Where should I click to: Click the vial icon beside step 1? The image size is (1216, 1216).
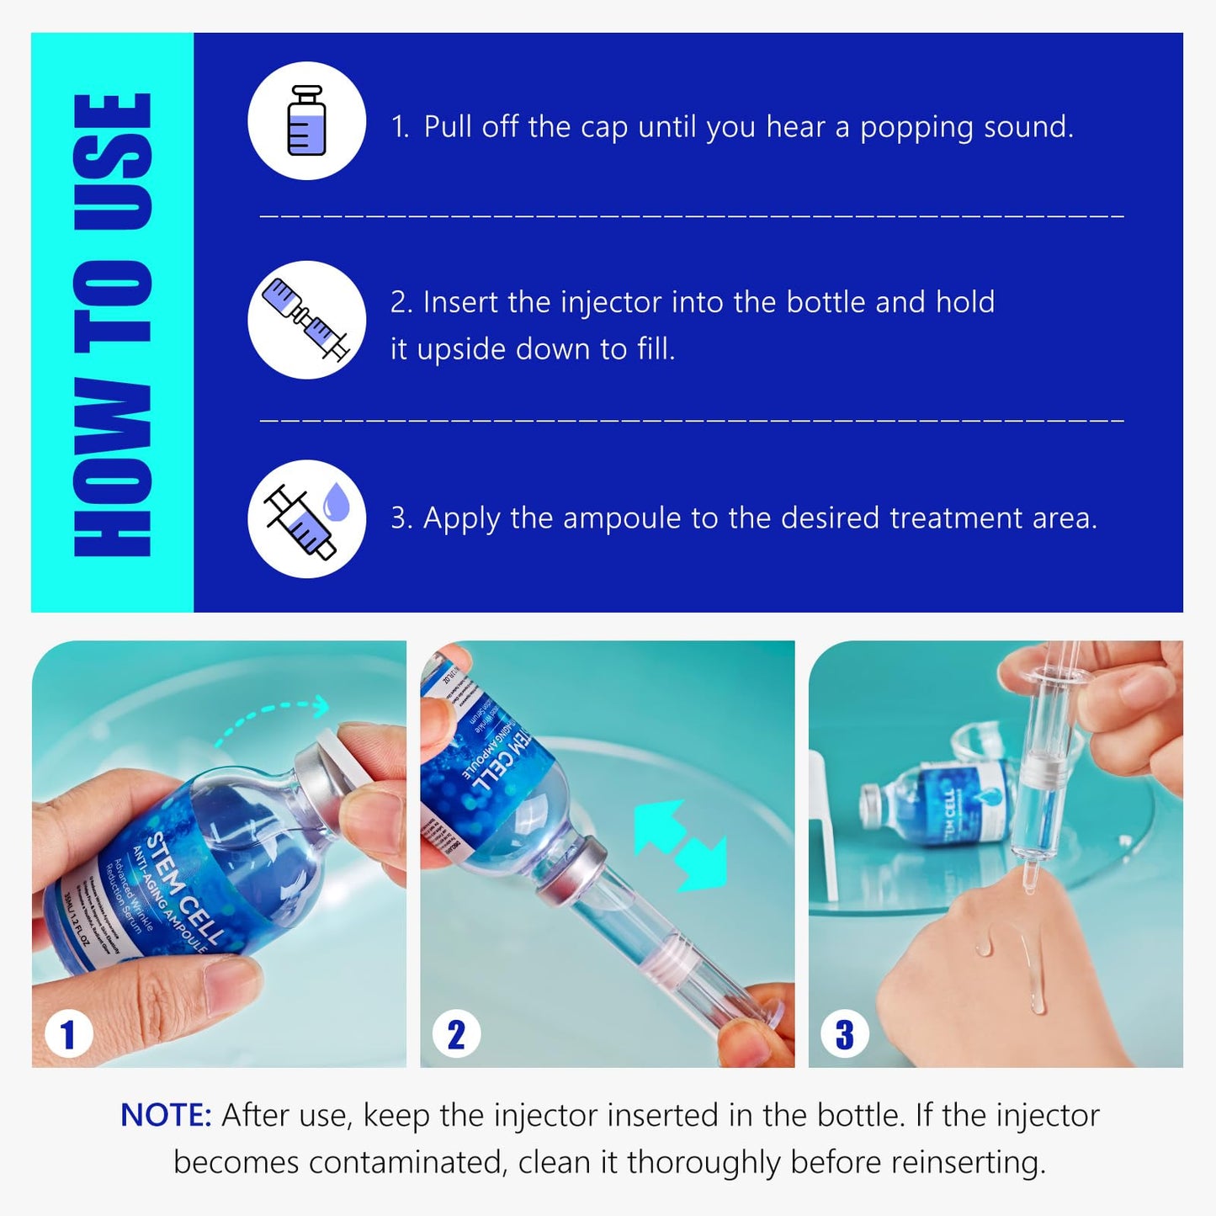[306, 120]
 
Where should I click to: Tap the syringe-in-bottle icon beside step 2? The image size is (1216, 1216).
[306, 320]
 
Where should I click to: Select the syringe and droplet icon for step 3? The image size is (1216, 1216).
[306, 519]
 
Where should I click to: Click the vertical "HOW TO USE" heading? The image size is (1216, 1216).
[113, 324]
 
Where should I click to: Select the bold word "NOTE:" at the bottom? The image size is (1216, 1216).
[166, 1115]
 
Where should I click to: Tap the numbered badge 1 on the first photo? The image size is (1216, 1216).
[68, 1034]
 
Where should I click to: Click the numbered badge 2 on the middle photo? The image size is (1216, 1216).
[456, 1034]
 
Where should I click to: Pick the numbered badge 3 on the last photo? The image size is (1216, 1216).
[844, 1034]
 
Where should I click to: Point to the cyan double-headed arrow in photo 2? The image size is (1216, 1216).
[680, 845]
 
